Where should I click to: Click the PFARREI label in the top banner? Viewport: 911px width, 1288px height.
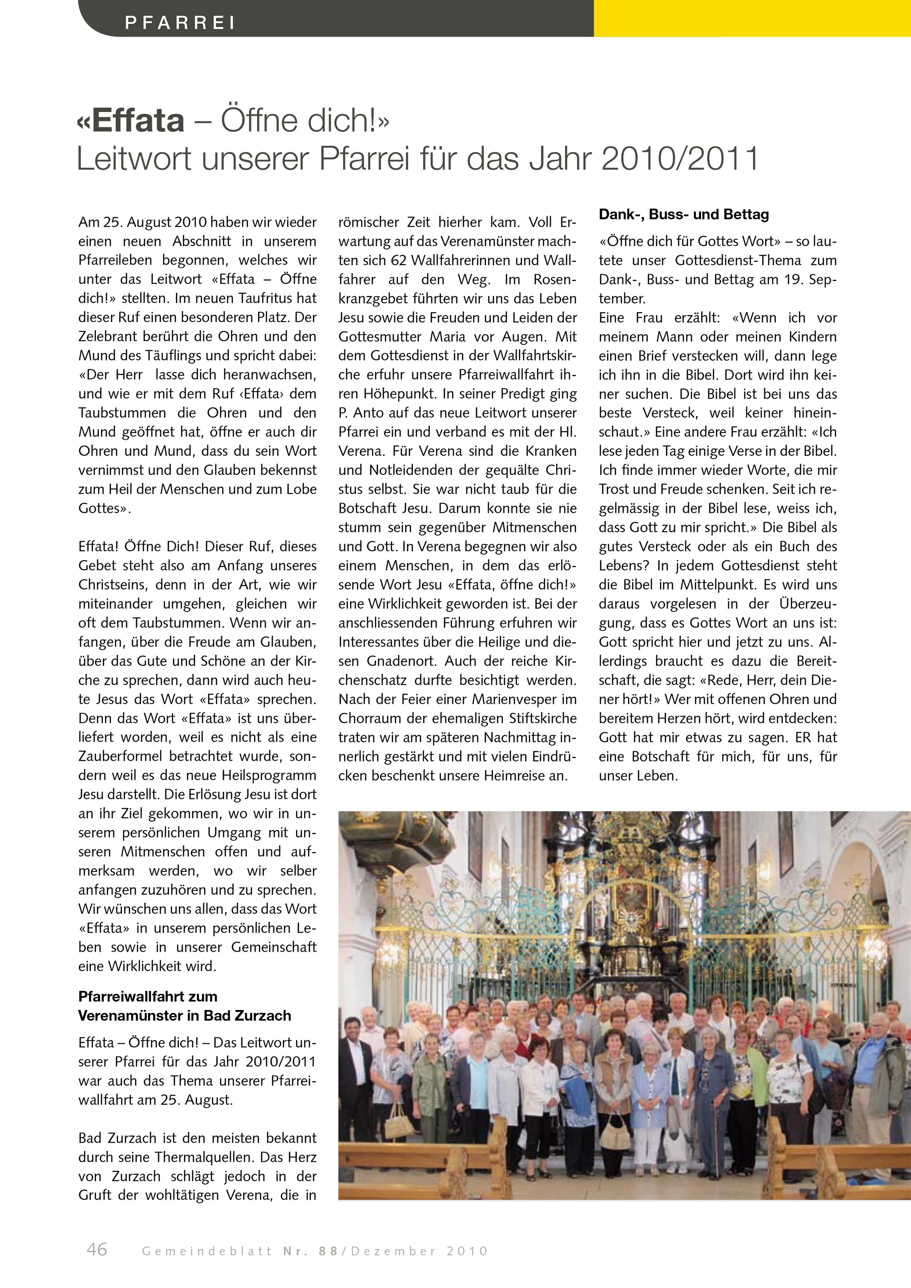(179, 23)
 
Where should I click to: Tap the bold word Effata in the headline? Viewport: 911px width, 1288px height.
(138, 120)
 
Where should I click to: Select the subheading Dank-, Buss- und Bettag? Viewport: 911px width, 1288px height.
(684, 214)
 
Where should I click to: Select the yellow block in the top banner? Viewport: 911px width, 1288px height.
(752, 18)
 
